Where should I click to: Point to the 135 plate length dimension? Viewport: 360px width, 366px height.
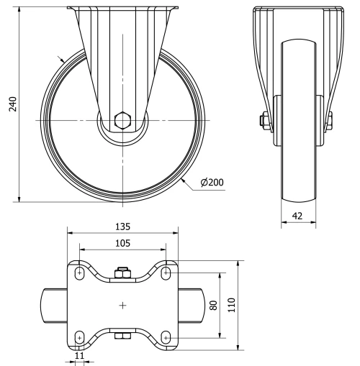tap(122, 224)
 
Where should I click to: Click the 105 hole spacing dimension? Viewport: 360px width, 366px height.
tap(122, 244)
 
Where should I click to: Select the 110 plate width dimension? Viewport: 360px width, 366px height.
tap(232, 306)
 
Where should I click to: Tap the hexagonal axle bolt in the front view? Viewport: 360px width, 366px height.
tap(122, 119)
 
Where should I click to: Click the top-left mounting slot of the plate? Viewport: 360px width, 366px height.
tap(78, 273)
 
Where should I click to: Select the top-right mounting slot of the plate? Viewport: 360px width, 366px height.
tap(166, 273)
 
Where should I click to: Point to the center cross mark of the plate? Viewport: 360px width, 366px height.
tap(122, 306)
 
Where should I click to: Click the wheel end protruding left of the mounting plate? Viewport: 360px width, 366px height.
tap(55, 306)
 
